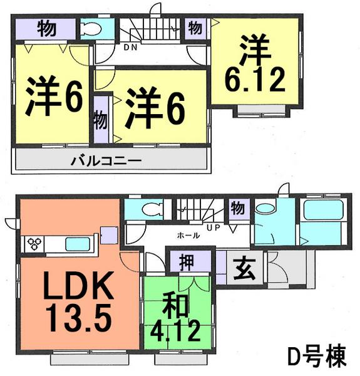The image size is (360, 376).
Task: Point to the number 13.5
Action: click(x=78, y=317)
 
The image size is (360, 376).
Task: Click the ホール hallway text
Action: click(x=188, y=236)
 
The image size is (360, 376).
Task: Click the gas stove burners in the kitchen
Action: click(x=34, y=243)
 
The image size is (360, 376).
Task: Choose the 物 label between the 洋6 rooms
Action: click(x=100, y=118)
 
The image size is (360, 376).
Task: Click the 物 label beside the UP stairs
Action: click(x=238, y=207)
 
